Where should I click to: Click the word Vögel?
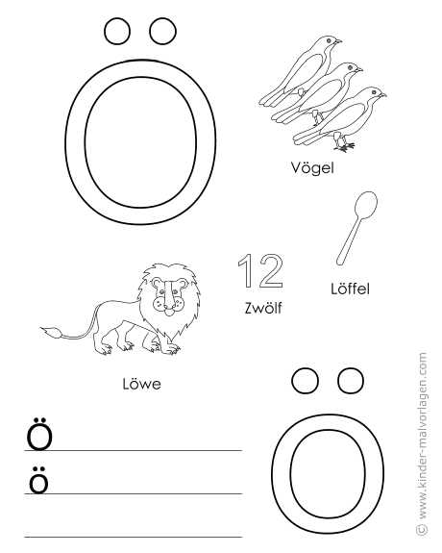click(x=312, y=168)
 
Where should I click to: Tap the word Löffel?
click(x=350, y=289)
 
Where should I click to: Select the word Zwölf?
click(x=263, y=308)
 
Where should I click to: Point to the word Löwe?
click(x=141, y=384)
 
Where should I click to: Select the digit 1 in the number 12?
click(x=247, y=270)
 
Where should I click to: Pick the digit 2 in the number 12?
click(x=270, y=270)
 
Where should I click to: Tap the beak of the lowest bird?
click(x=382, y=95)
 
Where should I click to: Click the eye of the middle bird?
click(x=350, y=67)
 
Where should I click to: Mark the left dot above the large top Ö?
click(x=117, y=32)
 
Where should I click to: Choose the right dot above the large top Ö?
click(x=162, y=32)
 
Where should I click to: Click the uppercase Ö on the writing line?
click(x=39, y=434)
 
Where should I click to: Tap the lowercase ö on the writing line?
click(x=38, y=480)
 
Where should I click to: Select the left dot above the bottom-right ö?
click(x=306, y=381)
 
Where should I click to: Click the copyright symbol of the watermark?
click(x=422, y=529)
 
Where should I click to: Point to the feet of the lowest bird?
click(x=344, y=146)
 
